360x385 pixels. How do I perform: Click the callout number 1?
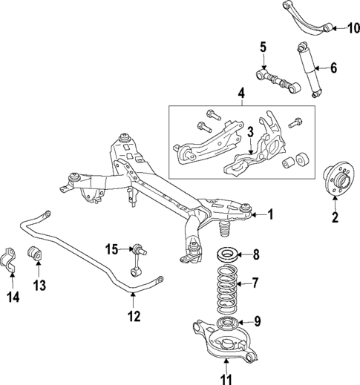[270, 215]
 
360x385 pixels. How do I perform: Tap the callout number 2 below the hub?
[334, 217]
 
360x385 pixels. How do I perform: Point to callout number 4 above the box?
[240, 94]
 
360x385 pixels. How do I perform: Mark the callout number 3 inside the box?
[251, 132]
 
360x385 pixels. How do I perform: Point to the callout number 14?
[12, 297]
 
